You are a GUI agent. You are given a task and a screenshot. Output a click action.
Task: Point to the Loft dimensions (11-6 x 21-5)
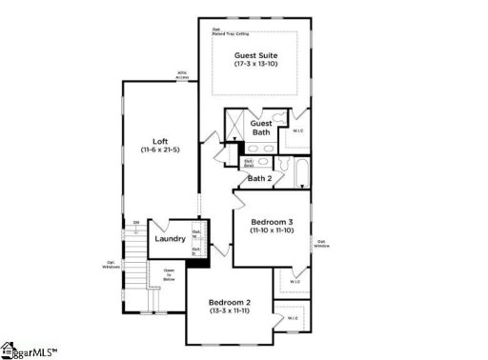point(160,150)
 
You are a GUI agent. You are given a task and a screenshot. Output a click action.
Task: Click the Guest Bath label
point(261,128)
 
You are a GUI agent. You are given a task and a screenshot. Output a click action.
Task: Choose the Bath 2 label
point(260,178)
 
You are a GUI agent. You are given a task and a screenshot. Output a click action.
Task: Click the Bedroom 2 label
point(230,302)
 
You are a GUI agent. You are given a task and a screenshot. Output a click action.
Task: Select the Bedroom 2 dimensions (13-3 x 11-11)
point(230,311)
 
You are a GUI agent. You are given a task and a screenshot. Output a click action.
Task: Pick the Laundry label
point(170,239)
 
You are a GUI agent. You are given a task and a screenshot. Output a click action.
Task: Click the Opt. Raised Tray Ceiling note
point(230,30)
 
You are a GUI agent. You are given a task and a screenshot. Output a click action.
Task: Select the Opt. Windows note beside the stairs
point(112,264)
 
